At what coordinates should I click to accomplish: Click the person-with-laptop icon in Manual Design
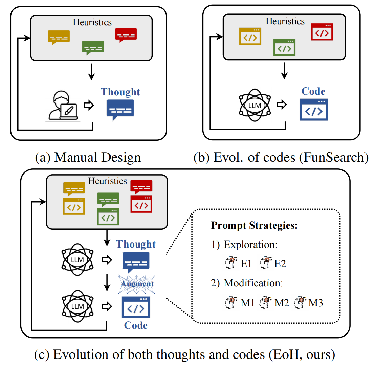[63, 106]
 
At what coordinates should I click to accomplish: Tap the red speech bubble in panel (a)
[126, 35]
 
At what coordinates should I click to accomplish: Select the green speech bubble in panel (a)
[93, 48]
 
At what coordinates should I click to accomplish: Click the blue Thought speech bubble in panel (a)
[120, 109]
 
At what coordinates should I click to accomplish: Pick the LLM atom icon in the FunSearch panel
[255, 105]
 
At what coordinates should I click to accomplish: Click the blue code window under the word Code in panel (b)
[314, 110]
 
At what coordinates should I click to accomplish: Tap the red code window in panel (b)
[322, 32]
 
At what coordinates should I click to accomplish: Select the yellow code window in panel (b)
[250, 37]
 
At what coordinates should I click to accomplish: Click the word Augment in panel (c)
[137, 284]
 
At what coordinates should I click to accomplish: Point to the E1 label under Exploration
[246, 264]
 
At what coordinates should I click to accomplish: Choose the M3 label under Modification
[315, 303]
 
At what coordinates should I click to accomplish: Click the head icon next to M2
[265, 302]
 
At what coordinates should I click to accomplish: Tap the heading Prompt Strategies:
[254, 225]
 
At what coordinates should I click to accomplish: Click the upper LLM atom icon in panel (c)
[78, 260]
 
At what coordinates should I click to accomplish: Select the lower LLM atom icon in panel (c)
[78, 306]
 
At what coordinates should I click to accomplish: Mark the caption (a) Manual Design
[88, 158]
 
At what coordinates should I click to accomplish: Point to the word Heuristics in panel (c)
[107, 181]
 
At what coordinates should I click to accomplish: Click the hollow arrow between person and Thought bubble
[89, 105]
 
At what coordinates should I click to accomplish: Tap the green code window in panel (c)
[108, 217]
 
